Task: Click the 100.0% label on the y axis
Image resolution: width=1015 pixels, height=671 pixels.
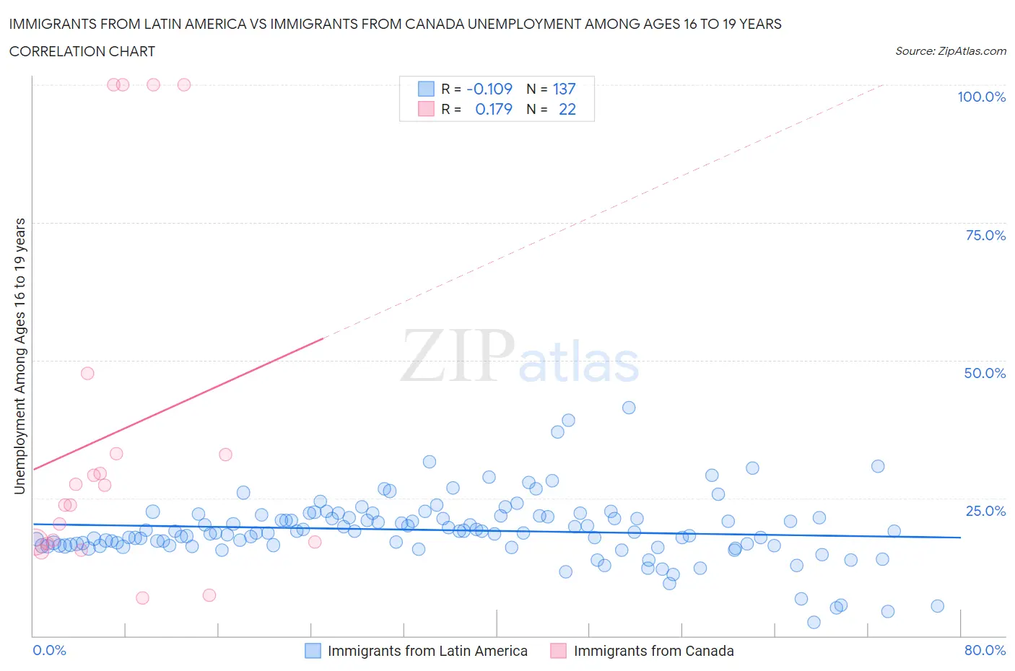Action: point(981,97)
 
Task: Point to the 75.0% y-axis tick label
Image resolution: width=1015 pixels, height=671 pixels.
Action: point(985,235)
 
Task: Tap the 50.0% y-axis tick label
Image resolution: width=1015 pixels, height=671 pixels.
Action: point(985,373)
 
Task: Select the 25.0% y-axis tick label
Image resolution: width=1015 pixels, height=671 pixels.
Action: point(985,511)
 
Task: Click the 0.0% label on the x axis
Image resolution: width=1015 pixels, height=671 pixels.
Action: point(49,650)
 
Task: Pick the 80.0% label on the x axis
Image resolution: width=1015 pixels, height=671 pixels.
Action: point(985,650)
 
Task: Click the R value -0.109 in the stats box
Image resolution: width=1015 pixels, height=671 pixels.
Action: point(489,89)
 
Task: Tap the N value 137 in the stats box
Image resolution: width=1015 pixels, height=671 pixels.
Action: point(564,89)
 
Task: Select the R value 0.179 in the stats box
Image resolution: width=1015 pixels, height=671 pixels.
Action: point(494,109)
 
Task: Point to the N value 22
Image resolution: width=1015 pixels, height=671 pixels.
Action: point(567,109)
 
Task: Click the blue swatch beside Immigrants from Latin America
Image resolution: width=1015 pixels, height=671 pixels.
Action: point(313,651)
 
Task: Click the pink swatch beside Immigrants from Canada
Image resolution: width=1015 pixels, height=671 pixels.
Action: point(558,651)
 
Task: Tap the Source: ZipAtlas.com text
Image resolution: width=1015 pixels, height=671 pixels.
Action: point(950,51)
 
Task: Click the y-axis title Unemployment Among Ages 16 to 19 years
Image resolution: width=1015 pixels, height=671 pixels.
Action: point(19,356)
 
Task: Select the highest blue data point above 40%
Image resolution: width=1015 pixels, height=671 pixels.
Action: point(629,408)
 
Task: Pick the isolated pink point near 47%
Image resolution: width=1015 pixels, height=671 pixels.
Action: point(87,373)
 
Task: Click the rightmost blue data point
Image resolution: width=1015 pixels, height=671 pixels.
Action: point(937,606)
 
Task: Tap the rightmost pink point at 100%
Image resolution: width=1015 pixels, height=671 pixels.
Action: point(184,84)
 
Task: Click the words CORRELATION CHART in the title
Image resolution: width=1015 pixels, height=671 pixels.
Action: point(82,51)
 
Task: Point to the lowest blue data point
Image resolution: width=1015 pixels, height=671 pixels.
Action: point(814,622)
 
